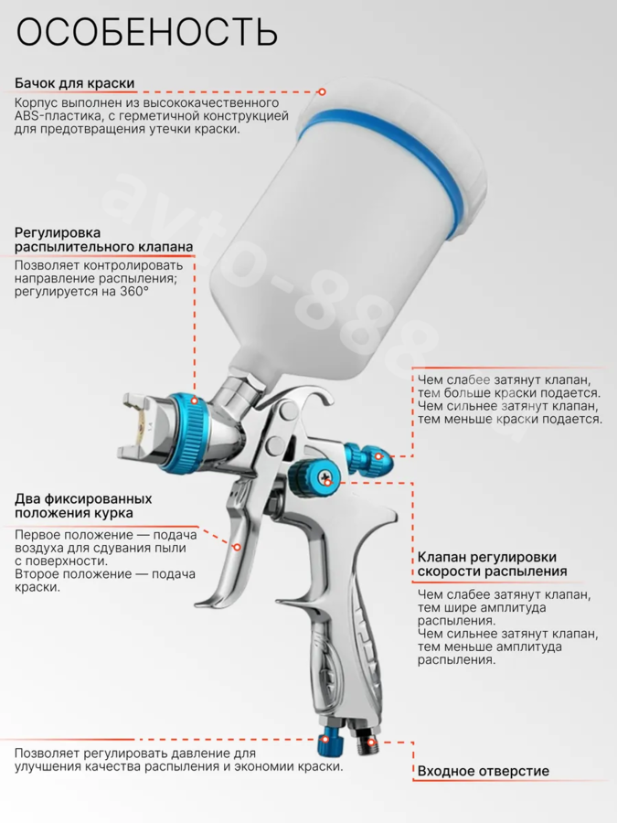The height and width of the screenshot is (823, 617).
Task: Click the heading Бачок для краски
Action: click(75, 83)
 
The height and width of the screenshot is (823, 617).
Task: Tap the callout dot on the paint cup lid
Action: click(322, 91)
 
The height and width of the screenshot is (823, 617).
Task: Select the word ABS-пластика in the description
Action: click(53, 115)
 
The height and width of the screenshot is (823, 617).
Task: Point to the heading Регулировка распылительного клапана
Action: click(104, 240)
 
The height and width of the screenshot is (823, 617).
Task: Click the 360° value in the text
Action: click(134, 292)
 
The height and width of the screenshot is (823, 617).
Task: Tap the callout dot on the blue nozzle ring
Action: click(194, 401)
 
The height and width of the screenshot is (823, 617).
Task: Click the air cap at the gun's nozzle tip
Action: click(142, 426)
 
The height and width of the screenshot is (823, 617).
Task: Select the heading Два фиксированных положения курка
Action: click(83, 506)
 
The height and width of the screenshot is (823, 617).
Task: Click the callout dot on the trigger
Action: click(237, 548)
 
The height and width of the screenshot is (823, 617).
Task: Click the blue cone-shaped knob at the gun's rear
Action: click(369, 456)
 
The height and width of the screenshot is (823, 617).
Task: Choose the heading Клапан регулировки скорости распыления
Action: click(492, 564)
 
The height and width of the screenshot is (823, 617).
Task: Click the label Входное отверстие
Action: click(484, 771)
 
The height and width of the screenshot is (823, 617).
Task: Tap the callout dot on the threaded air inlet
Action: click(371, 743)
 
